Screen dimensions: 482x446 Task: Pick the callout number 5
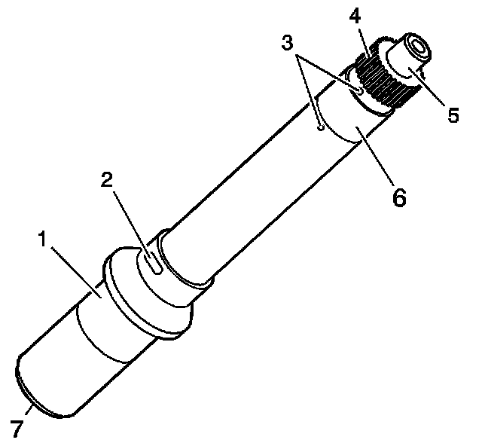pos(452,116)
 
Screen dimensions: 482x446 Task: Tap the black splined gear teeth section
pos(384,79)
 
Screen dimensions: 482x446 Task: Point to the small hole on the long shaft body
pos(320,129)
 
